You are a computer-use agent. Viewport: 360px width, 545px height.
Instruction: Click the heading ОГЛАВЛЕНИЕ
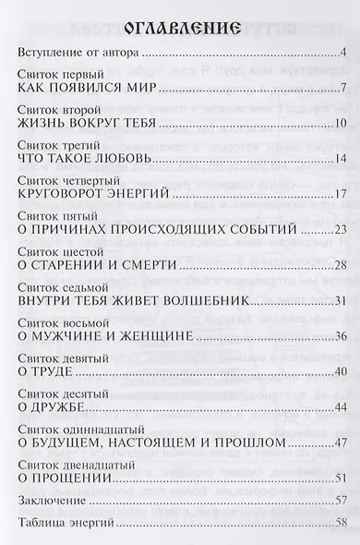click(179, 25)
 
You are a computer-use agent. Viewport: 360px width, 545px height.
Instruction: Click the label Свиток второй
click(56, 111)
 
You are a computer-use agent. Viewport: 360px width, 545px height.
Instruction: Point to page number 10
click(339, 124)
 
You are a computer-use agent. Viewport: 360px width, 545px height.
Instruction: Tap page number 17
click(339, 195)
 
